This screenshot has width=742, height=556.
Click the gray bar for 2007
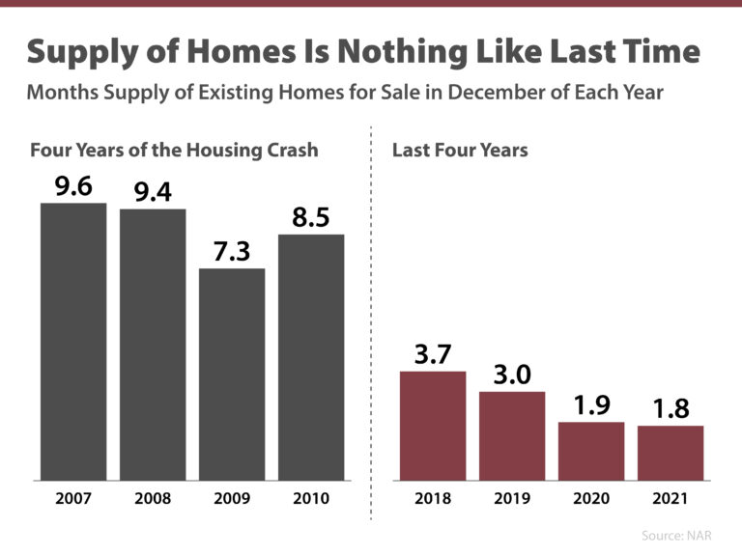73,342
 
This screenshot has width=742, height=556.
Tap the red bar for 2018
432,426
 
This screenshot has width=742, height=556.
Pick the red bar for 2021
671,453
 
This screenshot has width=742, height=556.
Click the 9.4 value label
153,192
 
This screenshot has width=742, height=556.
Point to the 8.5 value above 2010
311,217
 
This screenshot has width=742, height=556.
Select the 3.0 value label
511,375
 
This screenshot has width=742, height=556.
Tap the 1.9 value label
590,405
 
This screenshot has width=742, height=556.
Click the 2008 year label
153,499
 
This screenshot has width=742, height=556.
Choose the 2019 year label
511,499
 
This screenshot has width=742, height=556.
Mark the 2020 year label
590,499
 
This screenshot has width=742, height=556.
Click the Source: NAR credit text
681,534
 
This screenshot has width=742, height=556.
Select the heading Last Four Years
460,151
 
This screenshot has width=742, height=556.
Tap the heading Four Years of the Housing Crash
174,151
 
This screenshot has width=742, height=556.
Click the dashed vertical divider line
372,319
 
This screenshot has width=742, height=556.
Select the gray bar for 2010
311,357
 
